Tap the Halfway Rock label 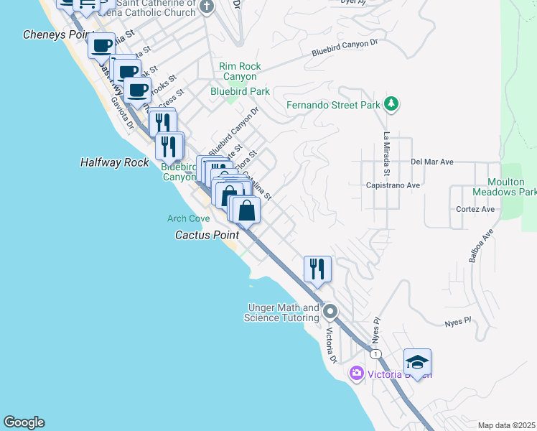pyautogui.click(x=114, y=163)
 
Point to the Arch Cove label pyautogui.click(x=188, y=218)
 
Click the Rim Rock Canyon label pyautogui.click(x=239, y=71)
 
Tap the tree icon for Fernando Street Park pyautogui.click(x=391, y=105)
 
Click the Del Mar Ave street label pyautogui.click(x=432, y=162)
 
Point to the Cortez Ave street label pyautogui.click(x=475, y=209)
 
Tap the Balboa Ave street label pyautogui.click(x=481, y=246)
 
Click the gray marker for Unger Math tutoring pyautogui.click(x=330, y=312)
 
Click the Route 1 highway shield pyautogui.click(x=374, y=354)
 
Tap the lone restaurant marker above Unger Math pyautogui.click(x=317, y=269)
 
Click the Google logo pyautogui.click(x=24, y=422)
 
